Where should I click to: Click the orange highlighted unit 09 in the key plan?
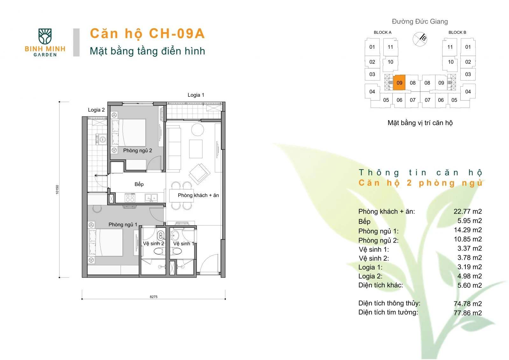pyautogui.click(x=399, y=82)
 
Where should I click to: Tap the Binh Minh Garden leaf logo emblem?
pyautogui.click(x=45, y=36)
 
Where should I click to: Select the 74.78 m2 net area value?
pyautogui.click(x=468, y=304)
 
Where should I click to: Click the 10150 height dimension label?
pyautogui.click(x=57, y=189)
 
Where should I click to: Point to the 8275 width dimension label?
pyautogui.click(x=154, y=297)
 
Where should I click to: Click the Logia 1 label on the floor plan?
pyautogui.click(x=196, y=95)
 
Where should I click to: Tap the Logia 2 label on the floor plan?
pyautogui.click(x=96, y=110)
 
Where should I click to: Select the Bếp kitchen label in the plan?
pyautogui.click(x=139, y=184)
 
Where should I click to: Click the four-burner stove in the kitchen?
pyautogui.click(x=130, y=198)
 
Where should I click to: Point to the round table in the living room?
pyautogui.click(x=198, y=130)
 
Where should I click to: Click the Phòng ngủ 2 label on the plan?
pyautogui.click(x=137, y=150)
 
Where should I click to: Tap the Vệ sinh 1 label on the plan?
pyautogui.click(x=184, y=244)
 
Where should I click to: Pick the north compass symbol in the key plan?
pyautogui.click(x=420, y=39)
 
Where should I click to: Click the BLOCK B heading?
pyautogui.click(x=457, y=32)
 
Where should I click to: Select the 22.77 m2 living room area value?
pyautogui.click(x=468, y=211)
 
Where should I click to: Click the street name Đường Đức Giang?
pyautogui.click(x=420, y=21)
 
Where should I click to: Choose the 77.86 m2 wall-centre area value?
pyautogui.click(x=468, y=313)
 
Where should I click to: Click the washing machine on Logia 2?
pyautogui.click(x=101, y=139)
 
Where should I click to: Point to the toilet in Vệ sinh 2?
pyautogui.click(x=159, y=251)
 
